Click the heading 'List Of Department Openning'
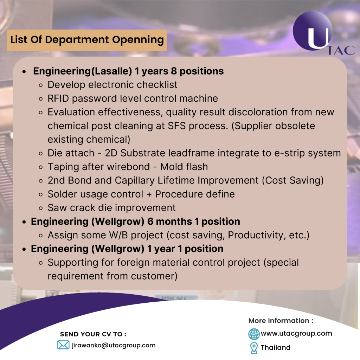click(x=87, y=40)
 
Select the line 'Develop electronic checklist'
click(x=112, y=85)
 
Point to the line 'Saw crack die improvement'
click(x=111, y=207)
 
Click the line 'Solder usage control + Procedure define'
click(x=141, y=194)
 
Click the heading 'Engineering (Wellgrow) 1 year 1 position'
click(x=127, y=249)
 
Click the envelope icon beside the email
click(x=63, y=345)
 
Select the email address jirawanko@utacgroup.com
click(x=113, y=345)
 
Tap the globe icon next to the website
click(x=254, y=334)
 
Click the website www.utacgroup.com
click(x=296, y=333)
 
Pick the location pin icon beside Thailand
click(x=253, y=348)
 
